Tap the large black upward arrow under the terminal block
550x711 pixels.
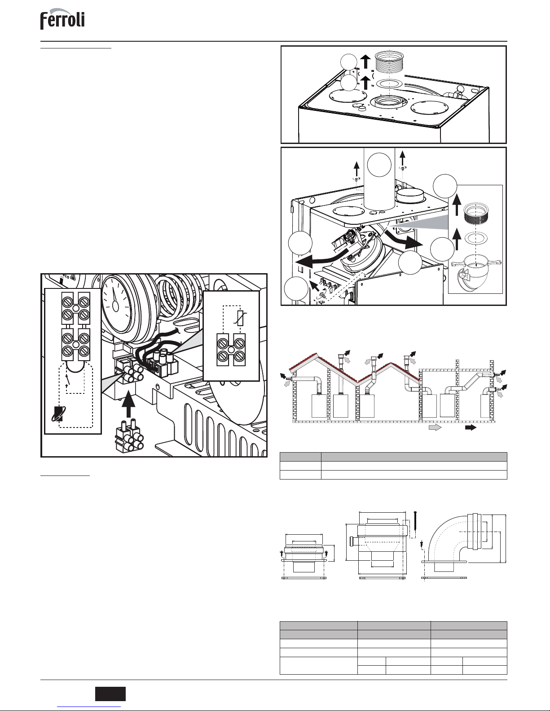[x=128, y=404]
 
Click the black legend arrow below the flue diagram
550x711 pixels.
[x=471, y=427]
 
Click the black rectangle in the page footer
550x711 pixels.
[x=110, y=694]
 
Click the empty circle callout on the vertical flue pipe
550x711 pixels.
[x=379, y=165]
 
